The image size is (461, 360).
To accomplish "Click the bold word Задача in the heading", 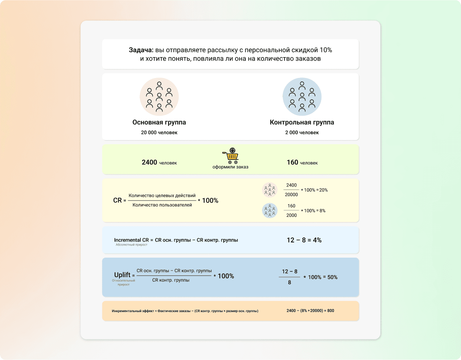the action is tap(141, 50).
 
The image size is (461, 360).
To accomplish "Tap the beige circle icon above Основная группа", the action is tap(159, 97).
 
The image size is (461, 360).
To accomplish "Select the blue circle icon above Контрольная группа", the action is tap(302, 97).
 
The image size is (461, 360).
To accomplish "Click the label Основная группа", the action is tap(159, 123).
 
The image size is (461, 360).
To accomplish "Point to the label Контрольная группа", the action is tap(302, 123).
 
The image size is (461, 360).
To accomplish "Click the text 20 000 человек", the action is tap(159, 133).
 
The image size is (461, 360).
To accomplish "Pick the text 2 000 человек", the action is tap(302, 133).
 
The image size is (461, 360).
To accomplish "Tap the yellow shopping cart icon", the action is tap(231, 156).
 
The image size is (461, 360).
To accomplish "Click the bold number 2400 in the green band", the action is tap(149, 162).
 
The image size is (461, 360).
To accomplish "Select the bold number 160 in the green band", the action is tap(292, 162).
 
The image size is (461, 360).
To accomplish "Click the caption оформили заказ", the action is tap(230, 167).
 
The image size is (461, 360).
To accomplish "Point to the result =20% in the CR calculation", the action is tap(322, 190).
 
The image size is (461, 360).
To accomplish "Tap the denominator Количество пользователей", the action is tap(162, 205).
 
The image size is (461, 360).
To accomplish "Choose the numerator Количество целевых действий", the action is tap(162, 196).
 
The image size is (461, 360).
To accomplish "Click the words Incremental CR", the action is tap(131, 240).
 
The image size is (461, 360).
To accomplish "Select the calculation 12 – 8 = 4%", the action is tap(304, 240).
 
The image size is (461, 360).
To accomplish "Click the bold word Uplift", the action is tap(122, 275).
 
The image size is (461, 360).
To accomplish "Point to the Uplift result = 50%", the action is tap(330, 277).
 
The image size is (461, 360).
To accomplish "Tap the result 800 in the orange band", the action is tap(331, 311).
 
